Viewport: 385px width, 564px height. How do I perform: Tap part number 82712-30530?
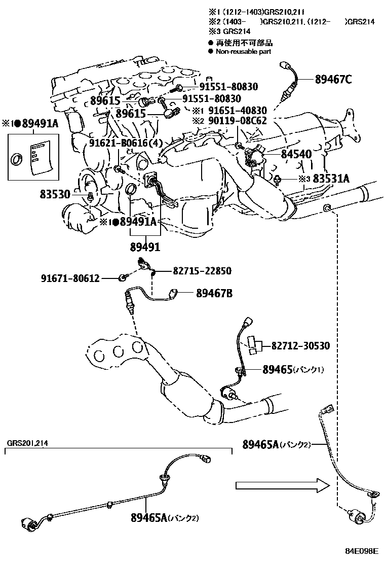[x=300, y=346]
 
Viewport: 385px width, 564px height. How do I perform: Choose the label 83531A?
[x=331, y=179]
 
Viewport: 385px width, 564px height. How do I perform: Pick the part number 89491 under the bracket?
[x=145, y=248]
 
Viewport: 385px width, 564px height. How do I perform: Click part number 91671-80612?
[x=70, y=277]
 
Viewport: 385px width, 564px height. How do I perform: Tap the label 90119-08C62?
[x=237, y=121]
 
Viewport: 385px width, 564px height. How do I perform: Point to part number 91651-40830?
[x=237, y=111]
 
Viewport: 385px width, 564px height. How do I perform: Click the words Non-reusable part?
[x=243, y=51]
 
